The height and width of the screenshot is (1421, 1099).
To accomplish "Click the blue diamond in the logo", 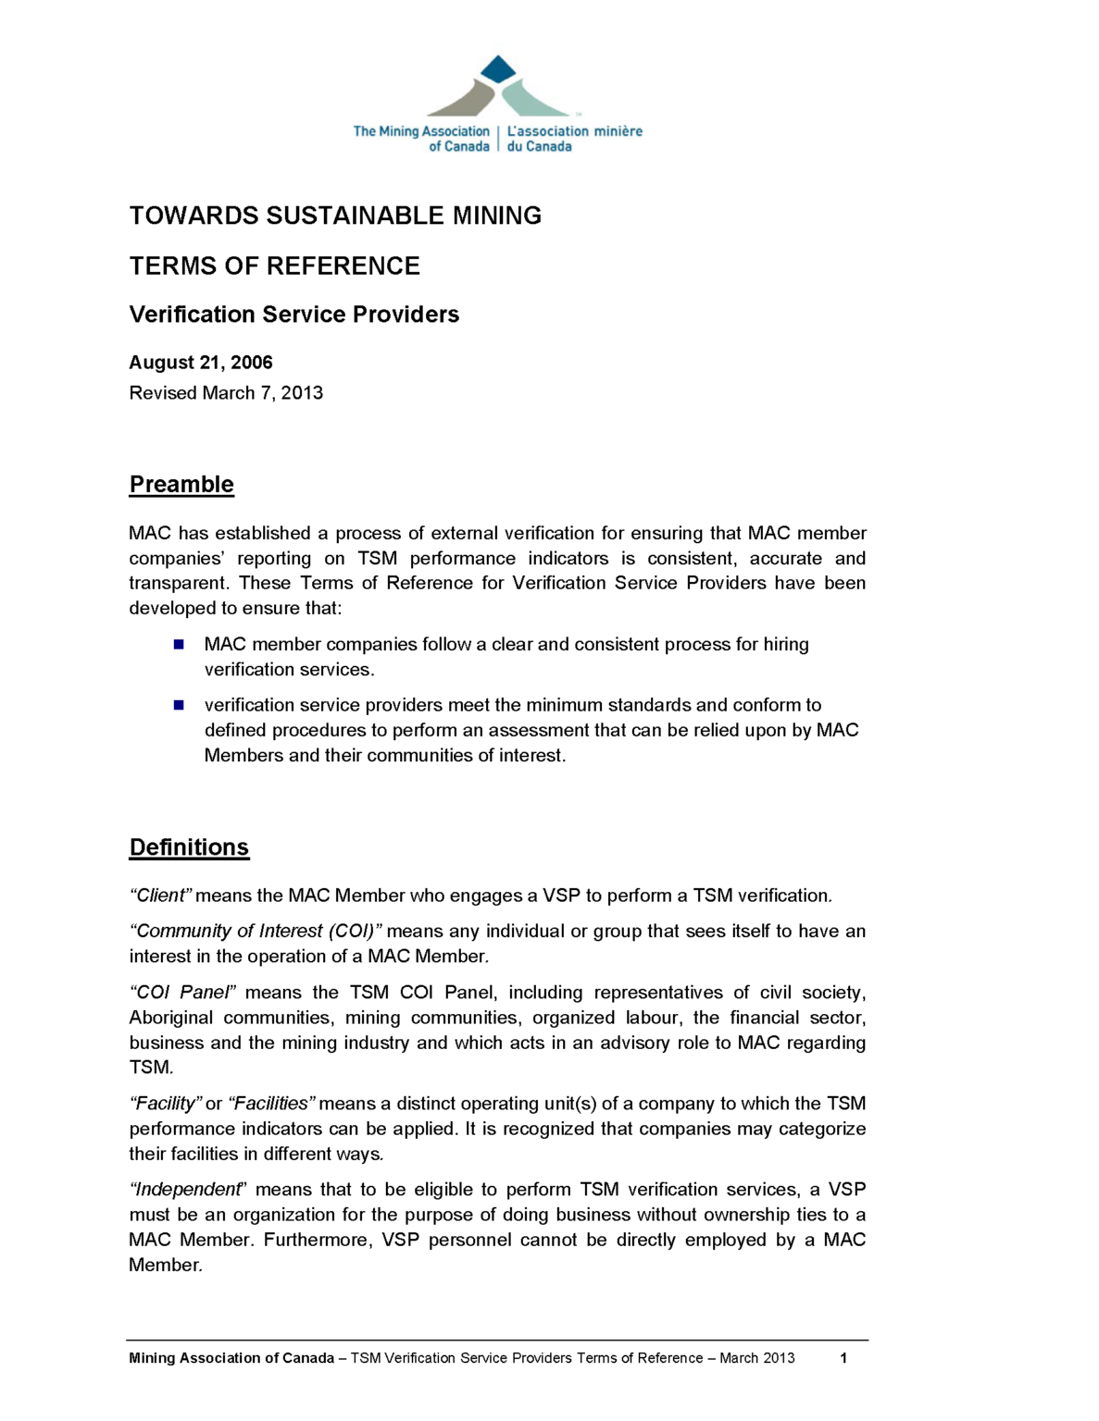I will pos(498,69).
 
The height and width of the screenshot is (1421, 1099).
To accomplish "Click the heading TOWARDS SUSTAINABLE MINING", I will pos(335,216).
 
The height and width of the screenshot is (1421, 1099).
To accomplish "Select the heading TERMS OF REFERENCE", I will pos(274,266).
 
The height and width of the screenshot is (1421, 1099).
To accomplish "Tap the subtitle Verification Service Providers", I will pos(293,315).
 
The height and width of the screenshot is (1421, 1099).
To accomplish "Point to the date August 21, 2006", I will pos(201,363).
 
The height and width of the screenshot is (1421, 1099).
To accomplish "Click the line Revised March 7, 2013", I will pos(226,393).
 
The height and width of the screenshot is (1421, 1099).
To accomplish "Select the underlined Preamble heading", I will pos(181,485).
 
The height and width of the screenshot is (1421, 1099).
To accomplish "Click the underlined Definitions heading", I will pos(189,847).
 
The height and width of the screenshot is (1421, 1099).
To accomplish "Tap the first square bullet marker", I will pos(179,644).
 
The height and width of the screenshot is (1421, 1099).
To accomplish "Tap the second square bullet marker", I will pos(179,705).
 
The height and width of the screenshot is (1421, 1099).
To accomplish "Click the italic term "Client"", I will pos(161,896).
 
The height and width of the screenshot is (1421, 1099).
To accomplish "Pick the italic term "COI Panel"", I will pos(182,993).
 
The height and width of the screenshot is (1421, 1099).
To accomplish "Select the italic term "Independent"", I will pos(187,1190).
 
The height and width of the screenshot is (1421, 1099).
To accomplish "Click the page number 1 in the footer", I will pos(843,1358).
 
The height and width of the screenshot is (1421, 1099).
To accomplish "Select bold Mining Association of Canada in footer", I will pos(231,1358).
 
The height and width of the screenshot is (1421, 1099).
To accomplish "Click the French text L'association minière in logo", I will pos(574,131).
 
